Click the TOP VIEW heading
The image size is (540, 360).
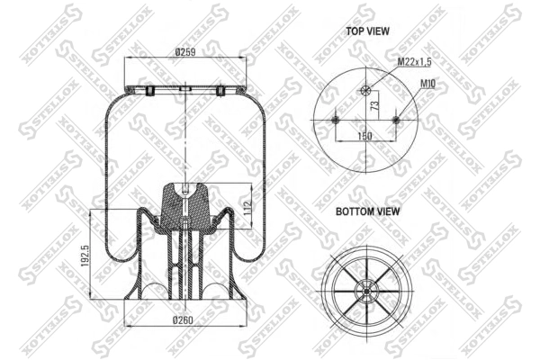[x=367, y=31]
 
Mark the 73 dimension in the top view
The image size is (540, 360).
[x=372, y=105]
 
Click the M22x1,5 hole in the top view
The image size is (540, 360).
[x=364, y=89]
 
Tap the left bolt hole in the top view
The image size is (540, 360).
[x=335, y=121]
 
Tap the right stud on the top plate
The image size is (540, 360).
[x=219, y=90]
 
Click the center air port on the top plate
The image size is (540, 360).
[x=185, y=89]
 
